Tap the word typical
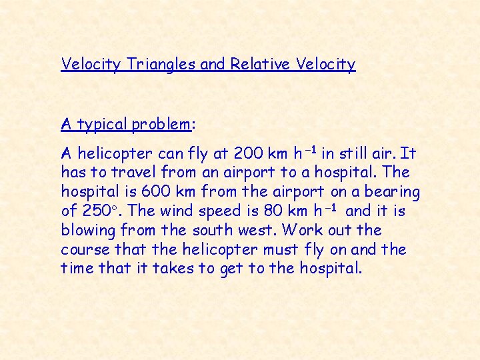pos(102,125)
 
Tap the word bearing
pos(390,193)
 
